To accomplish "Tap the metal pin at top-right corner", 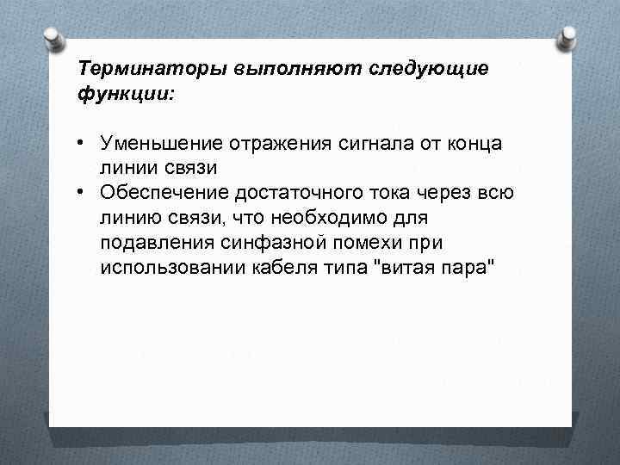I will (x=568, y=38).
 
